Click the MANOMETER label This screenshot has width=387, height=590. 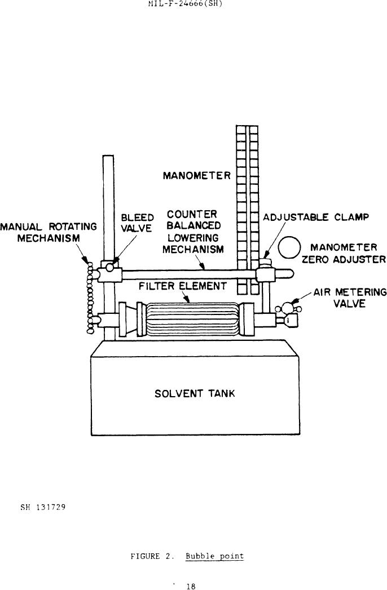196,176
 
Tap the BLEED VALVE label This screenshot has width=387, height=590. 138,223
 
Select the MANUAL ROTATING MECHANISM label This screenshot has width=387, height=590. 49,232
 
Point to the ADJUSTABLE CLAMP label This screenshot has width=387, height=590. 316,218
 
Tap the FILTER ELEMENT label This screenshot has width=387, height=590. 182,286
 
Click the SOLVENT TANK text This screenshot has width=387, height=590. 195,393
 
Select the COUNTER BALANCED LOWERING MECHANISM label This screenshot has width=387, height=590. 192,232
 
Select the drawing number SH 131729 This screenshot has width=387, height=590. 43,507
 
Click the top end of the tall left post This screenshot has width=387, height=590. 108,158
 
